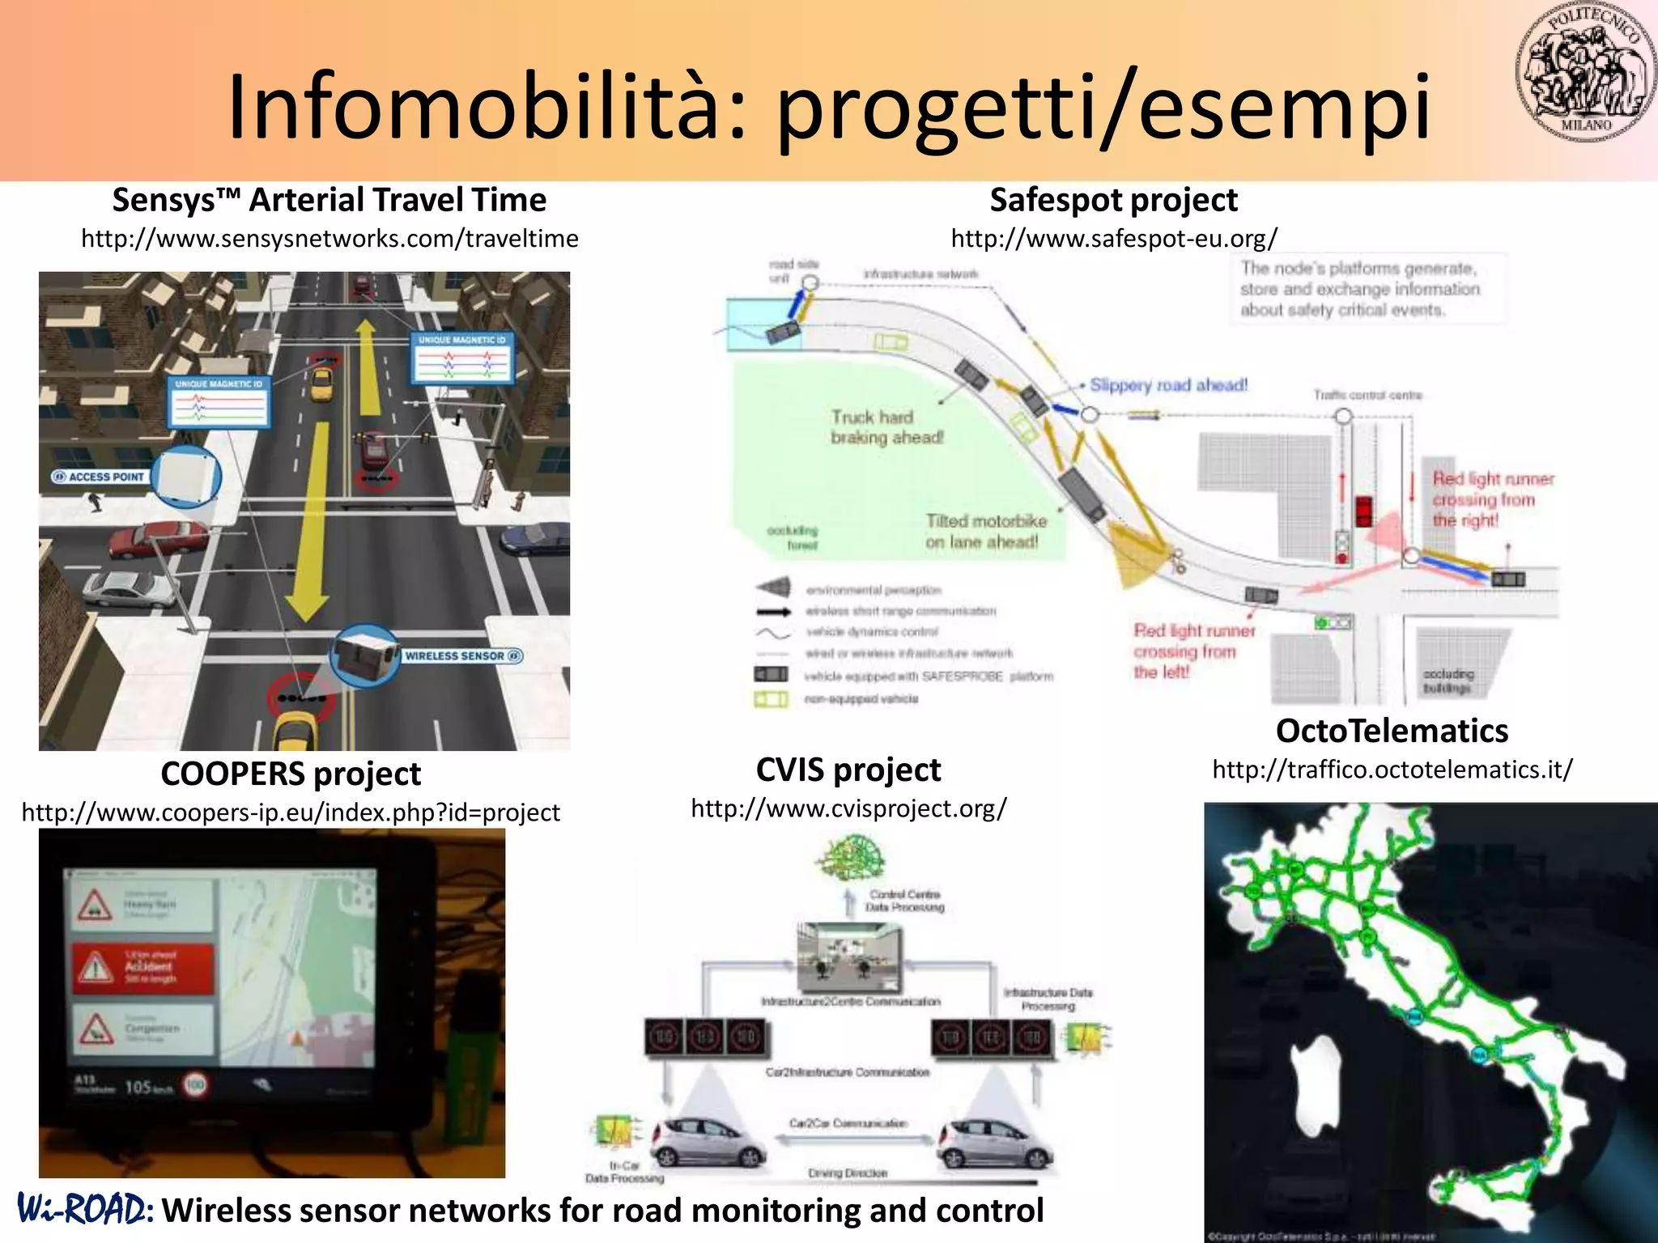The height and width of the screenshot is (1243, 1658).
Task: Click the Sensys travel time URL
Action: click(x=329, y=239)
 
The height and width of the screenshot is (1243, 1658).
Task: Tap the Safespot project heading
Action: click(x=1113, y=200)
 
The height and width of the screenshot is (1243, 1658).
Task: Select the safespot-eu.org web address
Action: click(x=1114, y=239)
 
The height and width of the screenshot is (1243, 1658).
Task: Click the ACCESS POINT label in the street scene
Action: click(x=99, y=477)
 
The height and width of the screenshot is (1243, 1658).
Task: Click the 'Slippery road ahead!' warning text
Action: click(x=1167, y=385)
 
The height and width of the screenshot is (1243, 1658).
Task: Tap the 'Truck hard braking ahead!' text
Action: click(x=886, y=427)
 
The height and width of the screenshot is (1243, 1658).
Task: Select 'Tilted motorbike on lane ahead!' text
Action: click(x=985, y=532)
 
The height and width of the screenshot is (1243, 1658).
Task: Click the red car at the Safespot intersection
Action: click(x=1364, y=509)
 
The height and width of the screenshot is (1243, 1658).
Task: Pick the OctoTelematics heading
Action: click(x=1392, y=731)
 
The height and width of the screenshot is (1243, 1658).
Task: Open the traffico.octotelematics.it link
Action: click(x=1392, y=770)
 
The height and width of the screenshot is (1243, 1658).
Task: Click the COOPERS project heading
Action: click(x=291, y=774)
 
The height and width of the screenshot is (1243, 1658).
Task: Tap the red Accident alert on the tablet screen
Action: click(x=144, y=968)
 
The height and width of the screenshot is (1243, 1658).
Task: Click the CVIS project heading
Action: click(x=848, y=770)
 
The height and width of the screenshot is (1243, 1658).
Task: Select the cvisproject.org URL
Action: click(x=848, y=808)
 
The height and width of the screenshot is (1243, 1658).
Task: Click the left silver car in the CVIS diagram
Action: click(x=708, y=1140)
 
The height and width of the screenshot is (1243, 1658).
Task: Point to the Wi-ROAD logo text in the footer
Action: click(x=85, y=1210)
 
